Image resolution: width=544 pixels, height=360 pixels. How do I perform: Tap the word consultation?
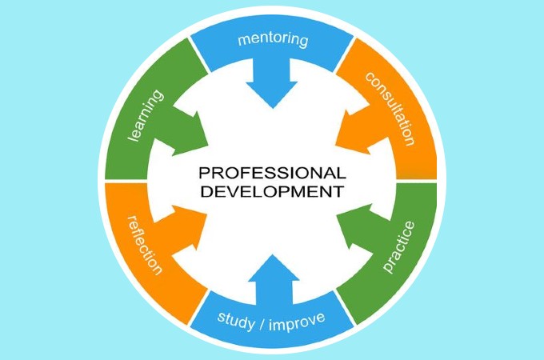click(390, 108)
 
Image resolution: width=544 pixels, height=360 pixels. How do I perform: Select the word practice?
click(394, 244)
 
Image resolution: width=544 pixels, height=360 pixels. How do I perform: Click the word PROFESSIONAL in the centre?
click(271, 173)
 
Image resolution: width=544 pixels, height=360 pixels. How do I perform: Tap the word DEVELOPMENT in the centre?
click(271, 192)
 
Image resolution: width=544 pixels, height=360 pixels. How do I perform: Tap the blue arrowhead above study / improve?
click(274, 272)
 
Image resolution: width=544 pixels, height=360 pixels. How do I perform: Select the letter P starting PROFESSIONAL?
click(203, 173)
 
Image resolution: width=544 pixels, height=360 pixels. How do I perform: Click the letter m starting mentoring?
click(243, 38)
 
